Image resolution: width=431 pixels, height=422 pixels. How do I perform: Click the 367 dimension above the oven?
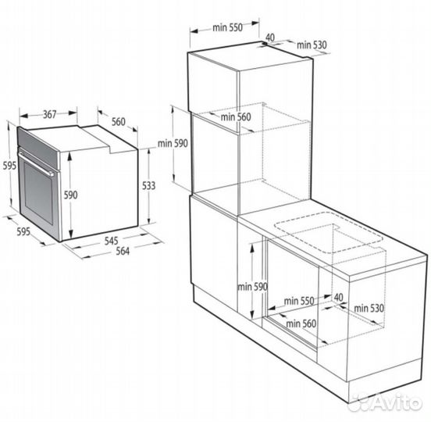tap(49, 115)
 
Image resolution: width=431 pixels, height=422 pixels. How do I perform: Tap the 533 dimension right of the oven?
tap(148, 186)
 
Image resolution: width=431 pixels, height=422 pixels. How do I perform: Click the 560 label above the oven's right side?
tap(119, 121)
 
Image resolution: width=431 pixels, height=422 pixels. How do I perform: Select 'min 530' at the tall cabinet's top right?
tap(310, 44)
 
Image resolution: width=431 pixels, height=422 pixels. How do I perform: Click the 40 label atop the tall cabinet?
tap(270, 37)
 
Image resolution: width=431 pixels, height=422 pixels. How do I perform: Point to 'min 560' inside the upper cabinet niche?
tap(235, 117)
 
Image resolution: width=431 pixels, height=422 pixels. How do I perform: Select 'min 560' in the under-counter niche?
tap(301, 324)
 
